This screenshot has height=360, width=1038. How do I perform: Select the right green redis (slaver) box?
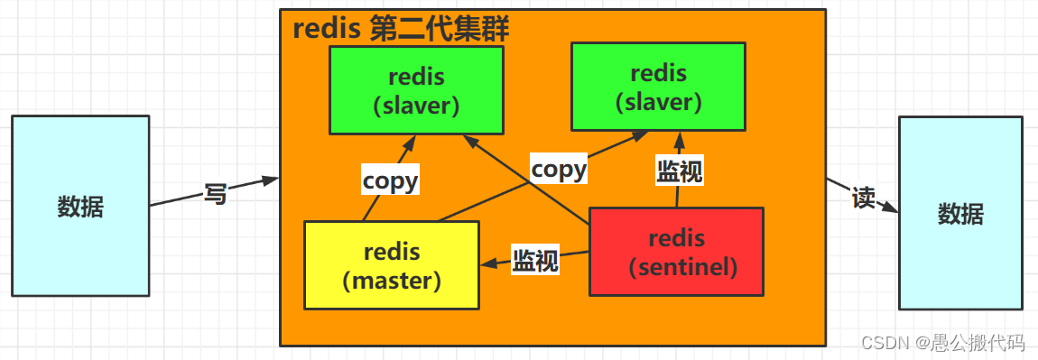click(x=658, y=87)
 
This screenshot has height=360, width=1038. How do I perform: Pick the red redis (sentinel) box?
click(x=676, y=252)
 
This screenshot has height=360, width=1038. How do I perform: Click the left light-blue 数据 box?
click(x=80, y=206)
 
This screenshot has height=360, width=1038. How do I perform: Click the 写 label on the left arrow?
click(x=215, y=193)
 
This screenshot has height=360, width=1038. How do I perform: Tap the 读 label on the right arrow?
click(x=864, y=198)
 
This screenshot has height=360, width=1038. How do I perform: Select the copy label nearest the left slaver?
click(x=390, y=180)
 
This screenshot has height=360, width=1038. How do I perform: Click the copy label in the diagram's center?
click(x=559, y=169)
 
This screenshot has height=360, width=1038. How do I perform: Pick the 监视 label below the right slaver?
click(x=679, y=171)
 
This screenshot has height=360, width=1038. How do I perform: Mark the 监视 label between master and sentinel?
click(x=535, y=261)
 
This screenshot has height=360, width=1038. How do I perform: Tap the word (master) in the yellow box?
click(x=392, y=280)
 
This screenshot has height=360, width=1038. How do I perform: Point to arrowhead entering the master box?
click(x=487, y=264)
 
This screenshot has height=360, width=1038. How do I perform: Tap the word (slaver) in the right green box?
click(x=658, y=101)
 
